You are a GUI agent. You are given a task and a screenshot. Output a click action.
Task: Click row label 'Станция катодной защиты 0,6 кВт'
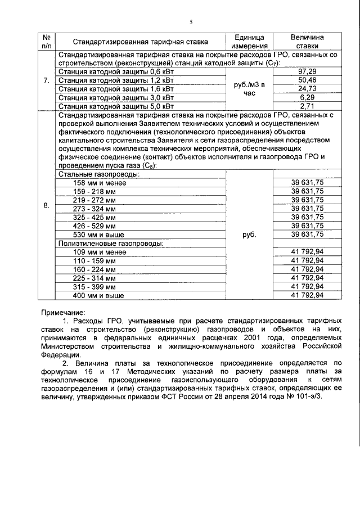pos(109,72)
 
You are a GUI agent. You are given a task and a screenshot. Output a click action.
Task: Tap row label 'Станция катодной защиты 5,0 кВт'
pos(109,106)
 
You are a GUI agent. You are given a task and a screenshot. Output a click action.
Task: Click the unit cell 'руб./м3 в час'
pos(248,89)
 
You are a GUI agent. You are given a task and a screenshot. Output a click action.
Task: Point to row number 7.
pos(46,80)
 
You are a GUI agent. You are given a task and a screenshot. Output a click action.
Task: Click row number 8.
pos(46,206)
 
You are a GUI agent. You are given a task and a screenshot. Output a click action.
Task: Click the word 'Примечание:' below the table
pos(63,312)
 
